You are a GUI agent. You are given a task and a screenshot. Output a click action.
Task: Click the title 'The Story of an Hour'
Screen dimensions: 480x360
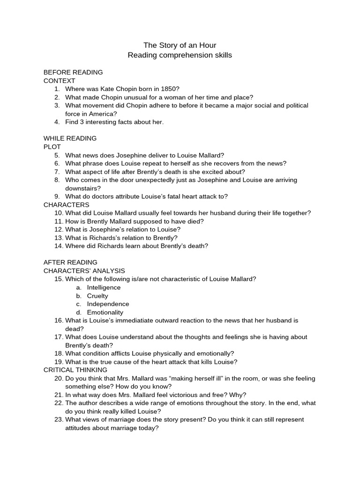click(180, 45)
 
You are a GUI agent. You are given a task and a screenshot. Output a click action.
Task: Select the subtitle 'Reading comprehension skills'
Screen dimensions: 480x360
click(180, 55)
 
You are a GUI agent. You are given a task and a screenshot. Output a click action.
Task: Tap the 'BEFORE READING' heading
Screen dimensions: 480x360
click(73, 72)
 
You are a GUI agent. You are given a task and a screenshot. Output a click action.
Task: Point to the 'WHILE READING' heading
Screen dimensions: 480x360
click(70, 138)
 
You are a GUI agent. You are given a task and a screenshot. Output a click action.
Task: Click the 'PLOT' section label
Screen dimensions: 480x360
click(52, 147)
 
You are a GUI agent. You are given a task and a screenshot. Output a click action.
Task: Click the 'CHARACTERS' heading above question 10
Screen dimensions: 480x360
click(66, 205)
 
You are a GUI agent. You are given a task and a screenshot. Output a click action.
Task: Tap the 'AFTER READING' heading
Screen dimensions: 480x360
click(70, 262)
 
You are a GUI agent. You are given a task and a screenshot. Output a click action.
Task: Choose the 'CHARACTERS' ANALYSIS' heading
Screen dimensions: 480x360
click(84, 271)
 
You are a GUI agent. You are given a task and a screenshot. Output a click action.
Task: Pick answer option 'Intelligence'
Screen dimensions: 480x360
click(104, 287)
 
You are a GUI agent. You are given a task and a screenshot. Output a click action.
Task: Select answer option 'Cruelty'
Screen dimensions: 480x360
click(97, 296)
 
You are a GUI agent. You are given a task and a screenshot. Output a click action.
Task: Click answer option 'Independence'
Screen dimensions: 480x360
click(108, 304)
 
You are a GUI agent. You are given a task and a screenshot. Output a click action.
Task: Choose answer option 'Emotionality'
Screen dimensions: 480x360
click(105, 312)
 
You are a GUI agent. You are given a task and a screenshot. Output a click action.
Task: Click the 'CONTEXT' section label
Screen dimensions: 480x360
click(59, 81)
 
